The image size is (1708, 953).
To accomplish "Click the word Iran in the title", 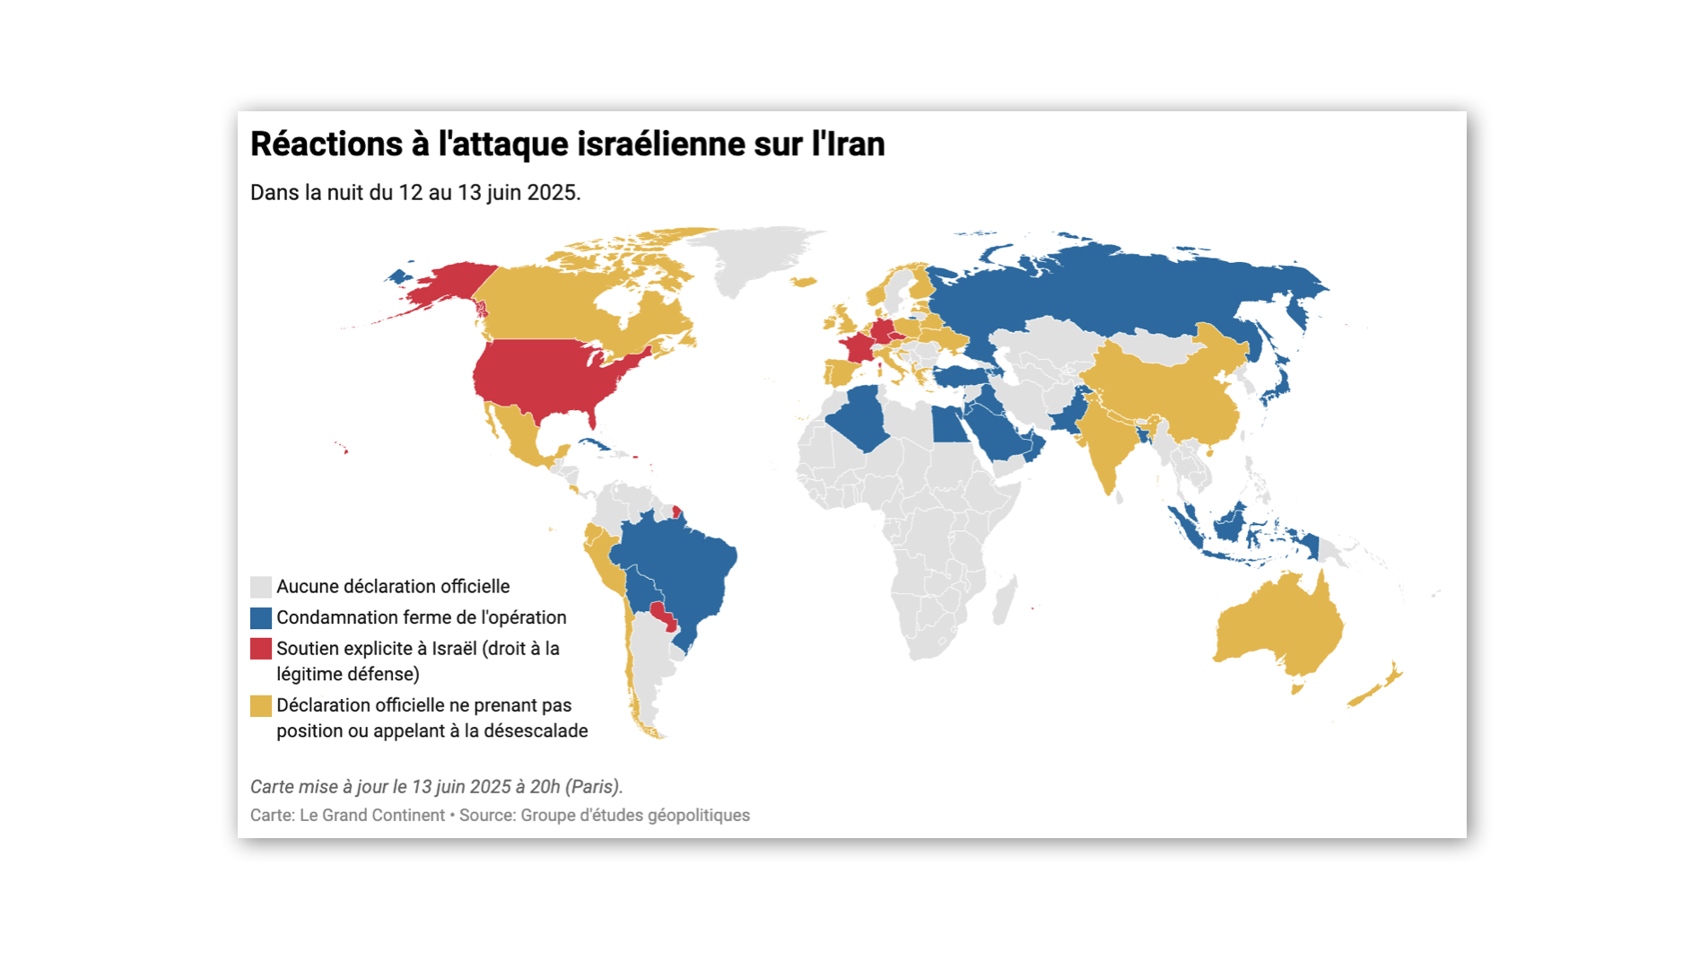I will point(856,144).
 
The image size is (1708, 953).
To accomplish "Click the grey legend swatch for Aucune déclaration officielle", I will point(260,587).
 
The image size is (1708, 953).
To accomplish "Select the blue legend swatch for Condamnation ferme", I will point(260,618).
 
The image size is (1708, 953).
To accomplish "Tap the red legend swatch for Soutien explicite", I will point(260,649).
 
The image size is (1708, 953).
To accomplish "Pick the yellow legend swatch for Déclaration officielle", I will point(260,706).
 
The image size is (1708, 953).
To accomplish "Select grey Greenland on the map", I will point(754,256).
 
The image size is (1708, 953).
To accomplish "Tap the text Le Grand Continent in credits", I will point(371,815).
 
